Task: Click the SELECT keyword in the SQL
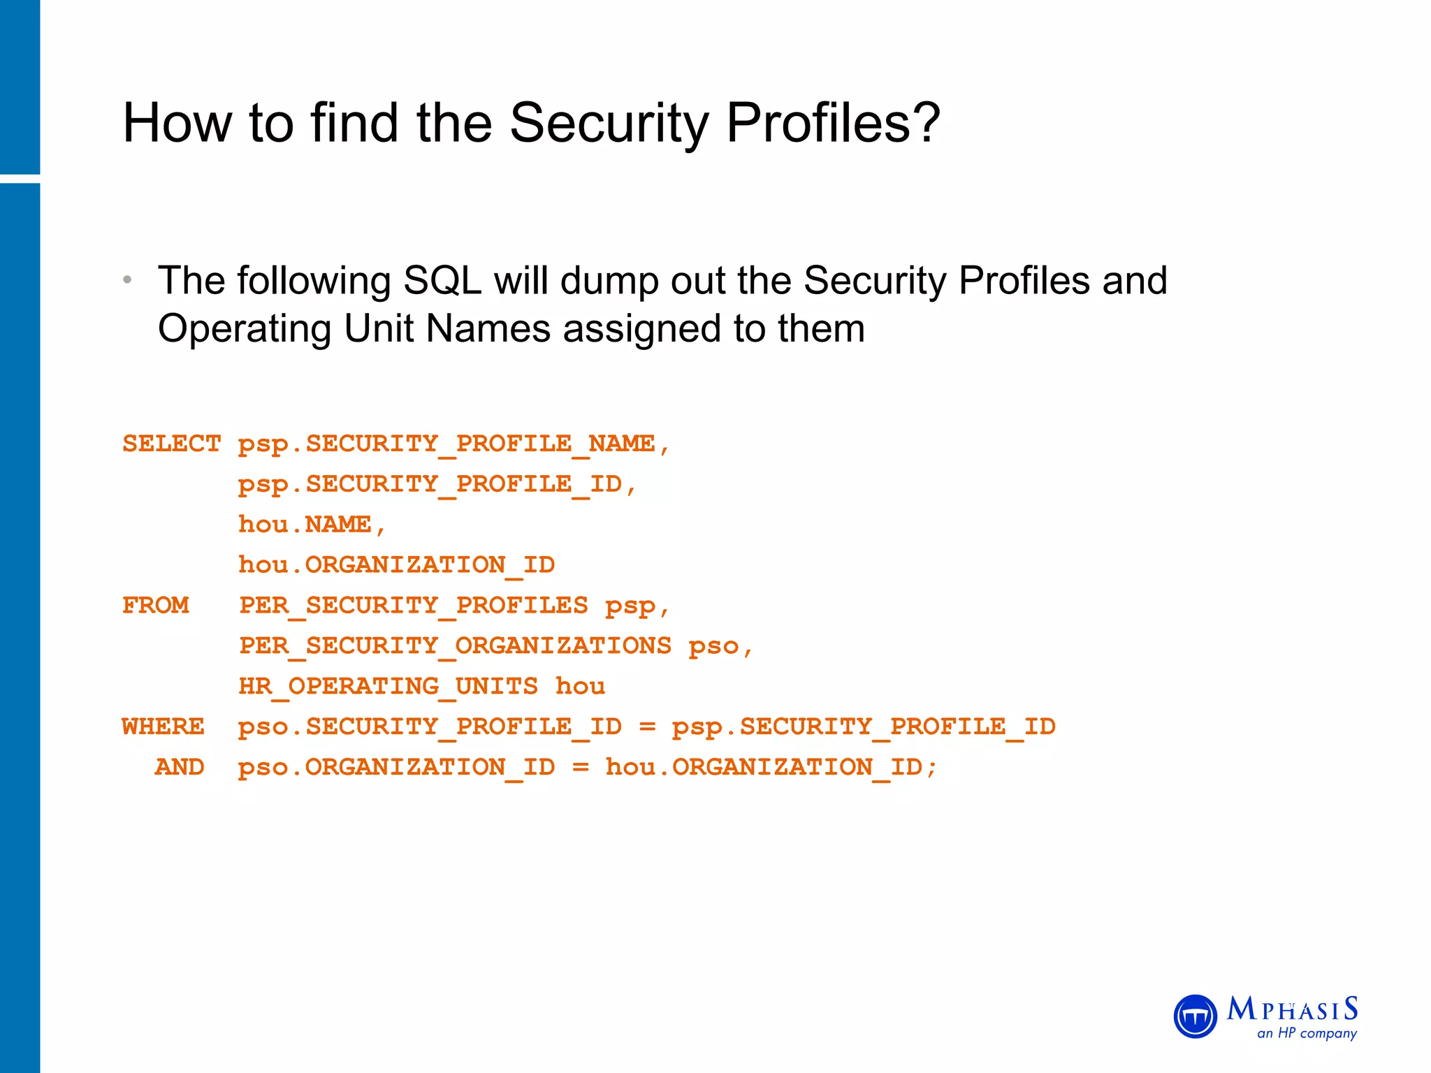171,444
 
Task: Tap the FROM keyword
155,605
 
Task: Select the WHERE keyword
163,727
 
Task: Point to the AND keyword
180,767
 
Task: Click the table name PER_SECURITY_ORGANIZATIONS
455,645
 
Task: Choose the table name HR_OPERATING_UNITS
388,686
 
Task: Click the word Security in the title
609,123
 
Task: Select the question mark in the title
927,123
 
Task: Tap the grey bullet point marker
127,280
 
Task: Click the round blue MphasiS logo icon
1195,1016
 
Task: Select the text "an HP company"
1307,1033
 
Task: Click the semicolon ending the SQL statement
931,768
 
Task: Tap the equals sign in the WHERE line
647,727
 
